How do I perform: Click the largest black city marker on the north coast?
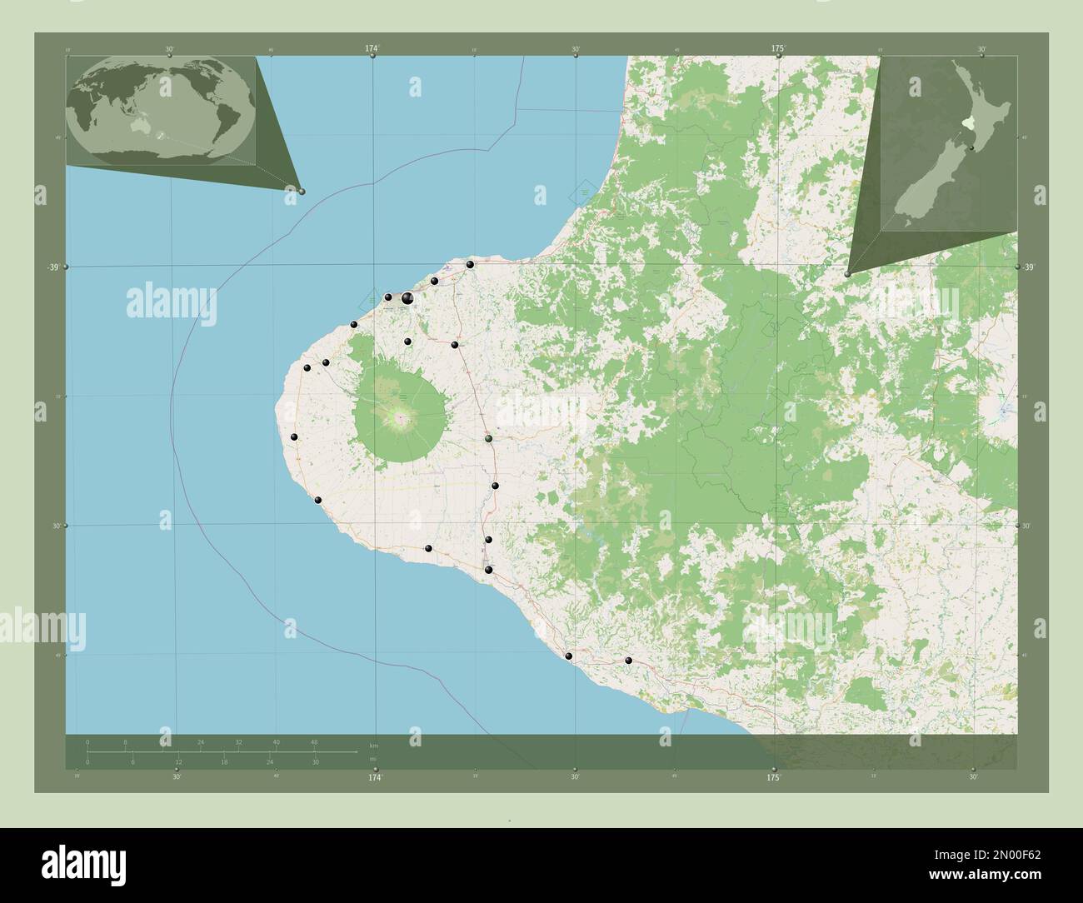click(407, 297)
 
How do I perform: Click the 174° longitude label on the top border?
click(372, 49)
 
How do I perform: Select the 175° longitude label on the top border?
click(777, 49)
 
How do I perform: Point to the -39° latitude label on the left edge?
click(52, 267)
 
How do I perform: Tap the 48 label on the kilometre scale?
click(314, 741)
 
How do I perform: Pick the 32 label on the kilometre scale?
click(238, 741)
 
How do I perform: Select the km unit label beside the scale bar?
click(374, 744)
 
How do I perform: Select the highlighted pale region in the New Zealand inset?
click(967, 122)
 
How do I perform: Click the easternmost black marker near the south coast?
click(629, 661)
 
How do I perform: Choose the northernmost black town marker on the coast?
click(471, 264)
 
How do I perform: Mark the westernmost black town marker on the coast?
click(294, 437)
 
